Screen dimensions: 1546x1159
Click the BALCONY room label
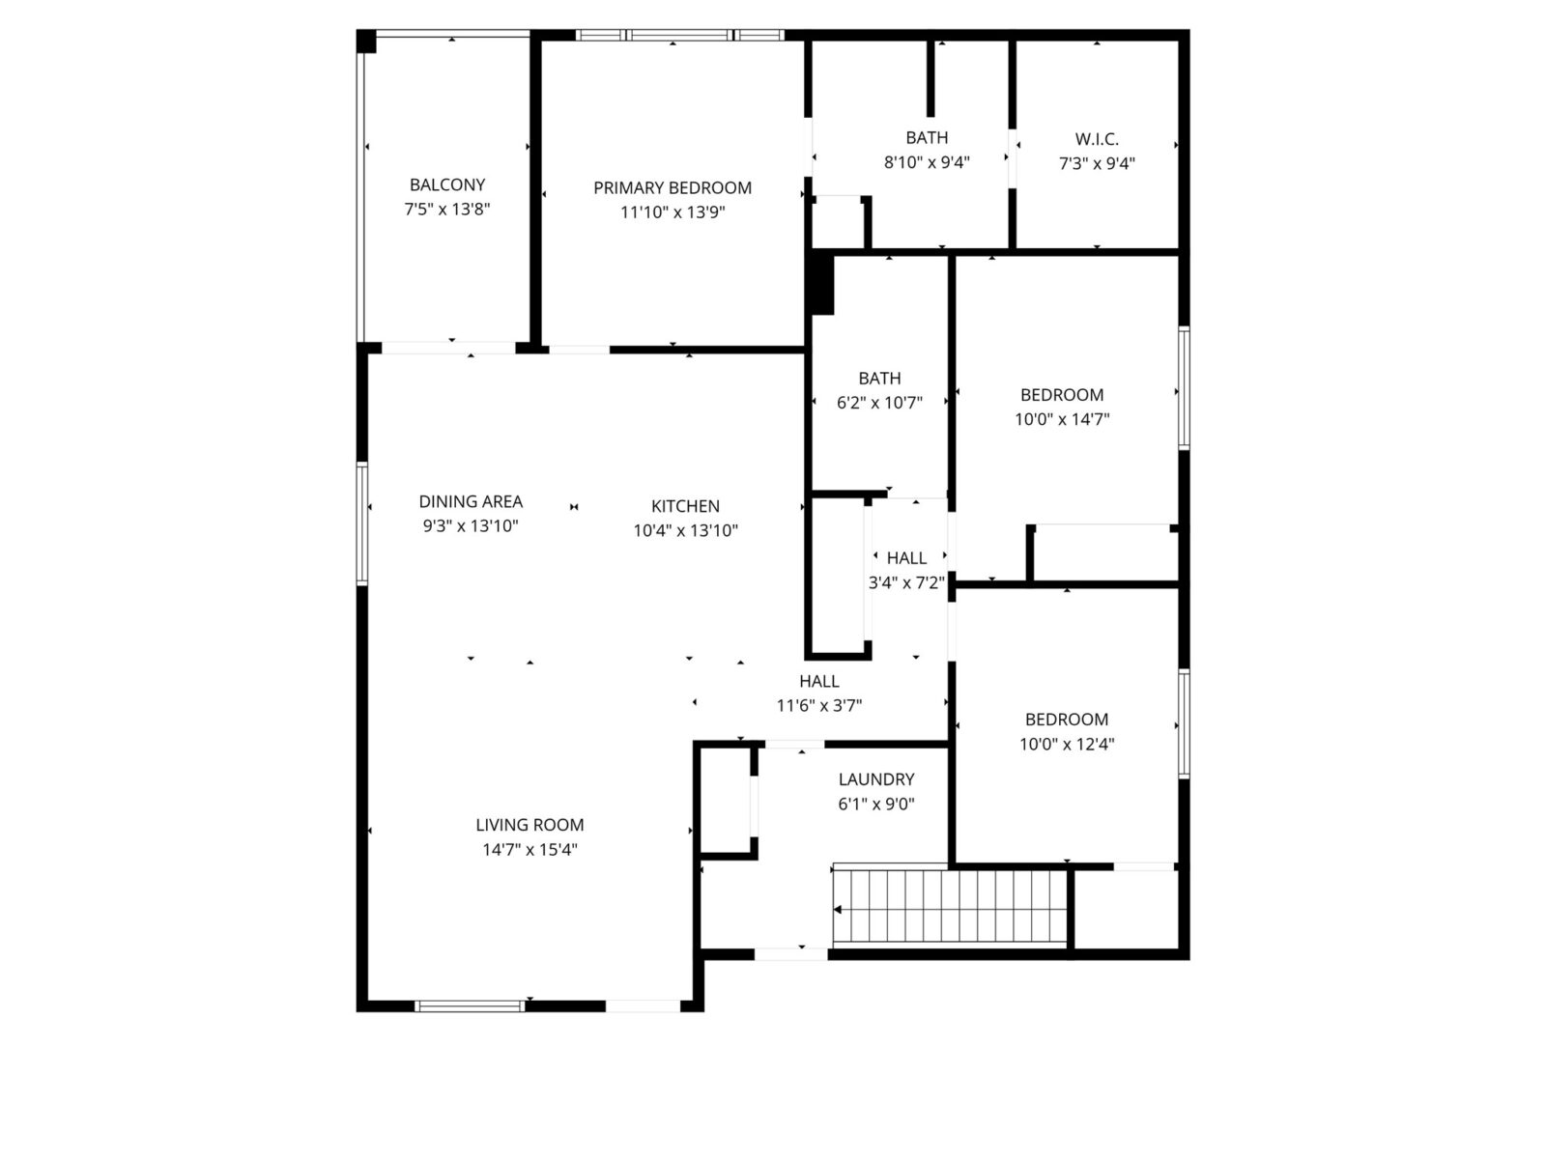[447, 185]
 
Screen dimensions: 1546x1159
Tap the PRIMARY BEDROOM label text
[672, 188]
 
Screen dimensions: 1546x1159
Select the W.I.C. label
[1097, 139]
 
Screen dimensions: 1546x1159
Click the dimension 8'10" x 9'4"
[927, 162]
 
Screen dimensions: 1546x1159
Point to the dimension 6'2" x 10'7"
[879, 403]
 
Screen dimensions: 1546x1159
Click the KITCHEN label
[685, 506]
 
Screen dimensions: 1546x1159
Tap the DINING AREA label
[471, 501]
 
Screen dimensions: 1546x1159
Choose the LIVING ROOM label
[530, 825]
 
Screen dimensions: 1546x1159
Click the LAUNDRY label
[876, 779]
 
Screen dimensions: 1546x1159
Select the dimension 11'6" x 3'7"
[819, 705]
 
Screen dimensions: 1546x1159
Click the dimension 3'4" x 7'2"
[906, 582]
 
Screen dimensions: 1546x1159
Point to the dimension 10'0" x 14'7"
[1062, 419]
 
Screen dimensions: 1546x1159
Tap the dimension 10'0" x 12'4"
[1067, 744]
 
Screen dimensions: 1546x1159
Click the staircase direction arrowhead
[838, 910]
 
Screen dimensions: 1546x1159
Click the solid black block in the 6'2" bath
[822, 284]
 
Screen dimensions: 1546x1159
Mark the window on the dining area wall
[362, 523]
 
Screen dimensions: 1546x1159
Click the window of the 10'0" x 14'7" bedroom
[1184, 387]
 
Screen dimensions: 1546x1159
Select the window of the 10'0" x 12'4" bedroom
[1184, 724]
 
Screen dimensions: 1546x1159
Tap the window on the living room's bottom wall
[470, 1006]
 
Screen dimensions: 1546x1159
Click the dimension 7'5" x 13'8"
[447, 209]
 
